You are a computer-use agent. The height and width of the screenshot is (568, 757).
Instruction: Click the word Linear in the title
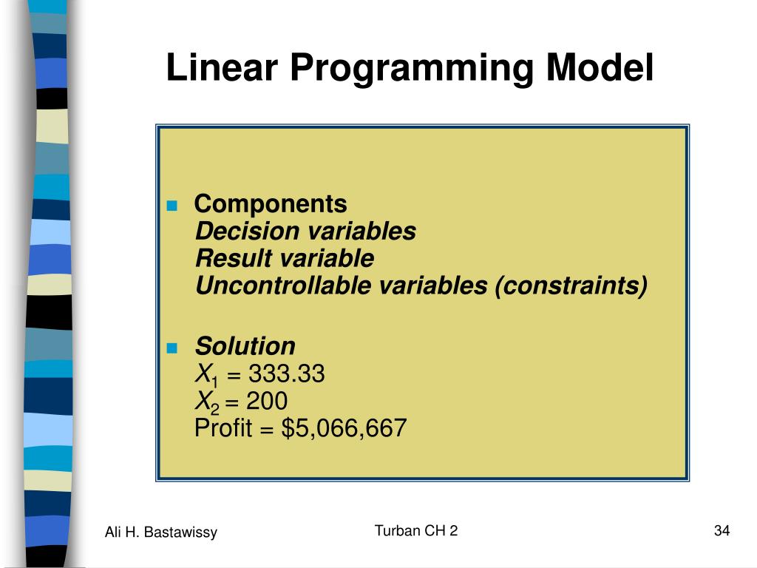click(222, 67)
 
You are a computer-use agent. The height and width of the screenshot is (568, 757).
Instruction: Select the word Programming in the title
click(411, 70)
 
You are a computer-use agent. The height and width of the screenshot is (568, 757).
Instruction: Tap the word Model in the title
click(600, 67)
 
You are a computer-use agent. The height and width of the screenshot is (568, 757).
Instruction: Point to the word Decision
click(248, 231)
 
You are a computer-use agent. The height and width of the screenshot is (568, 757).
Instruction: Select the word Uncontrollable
click(283, 285)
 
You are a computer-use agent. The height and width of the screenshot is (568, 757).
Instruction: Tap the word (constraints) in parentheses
click(571, 286)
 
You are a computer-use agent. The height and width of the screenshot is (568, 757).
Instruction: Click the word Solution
click(245, 346)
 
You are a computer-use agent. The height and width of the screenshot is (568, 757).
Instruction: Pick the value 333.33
click(287, 373)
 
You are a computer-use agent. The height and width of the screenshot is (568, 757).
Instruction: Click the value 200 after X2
click(267, 401)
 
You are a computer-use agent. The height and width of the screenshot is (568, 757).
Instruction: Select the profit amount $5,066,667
click(344, 428)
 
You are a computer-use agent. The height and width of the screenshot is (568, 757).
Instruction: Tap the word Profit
click(223, 427)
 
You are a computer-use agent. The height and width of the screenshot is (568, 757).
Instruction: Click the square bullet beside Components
click(172, 206)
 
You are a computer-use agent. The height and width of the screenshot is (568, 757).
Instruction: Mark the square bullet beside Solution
click(172, 348)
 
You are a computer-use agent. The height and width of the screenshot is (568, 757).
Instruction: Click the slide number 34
click(722, 530)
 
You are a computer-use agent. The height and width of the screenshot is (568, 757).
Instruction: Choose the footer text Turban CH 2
click(416, 530)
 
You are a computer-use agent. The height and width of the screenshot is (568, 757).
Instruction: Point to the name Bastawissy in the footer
click(180, 532)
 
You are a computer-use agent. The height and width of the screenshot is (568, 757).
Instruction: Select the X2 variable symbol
click(207, 402)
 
